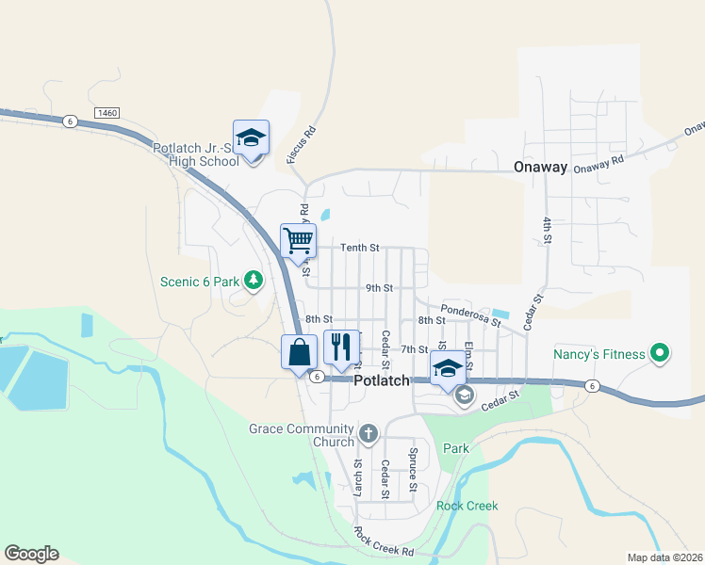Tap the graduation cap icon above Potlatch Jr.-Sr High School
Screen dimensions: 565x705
point(252,137)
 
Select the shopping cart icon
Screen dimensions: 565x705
point(298,239)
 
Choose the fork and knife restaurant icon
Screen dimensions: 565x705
point(341,347)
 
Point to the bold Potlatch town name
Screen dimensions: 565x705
point(382,380)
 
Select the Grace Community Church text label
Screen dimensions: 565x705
point(302,435)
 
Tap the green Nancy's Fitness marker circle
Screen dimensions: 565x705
point(661,354)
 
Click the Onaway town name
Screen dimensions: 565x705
point(541,167)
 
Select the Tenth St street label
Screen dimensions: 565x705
point(359,248)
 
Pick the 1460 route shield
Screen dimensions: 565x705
point(107,113)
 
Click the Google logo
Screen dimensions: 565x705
point(31,554)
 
